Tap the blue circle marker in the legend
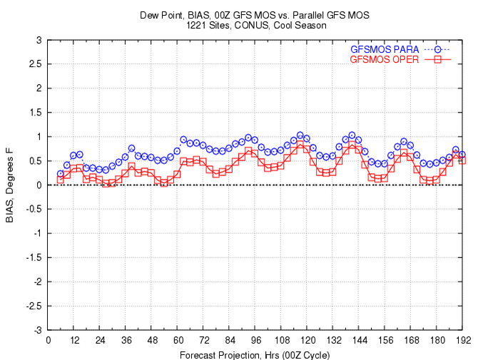[x=439, y=49]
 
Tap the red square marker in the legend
[x=439, y=59]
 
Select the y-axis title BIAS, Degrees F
[x=10, y=185]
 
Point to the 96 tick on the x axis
[x=256, y=340]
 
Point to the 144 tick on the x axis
[x=360, y=340]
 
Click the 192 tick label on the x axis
[x=463, y=340]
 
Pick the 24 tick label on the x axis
[x=100, y=340]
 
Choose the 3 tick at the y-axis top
[x=39, y=40]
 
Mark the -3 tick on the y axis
[x=38, y=330]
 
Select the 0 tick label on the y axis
[x=39, y=185]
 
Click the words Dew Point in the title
[x=171, y=14]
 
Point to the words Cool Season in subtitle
[x=300, y=25]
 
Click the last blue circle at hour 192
[x=462, y=154]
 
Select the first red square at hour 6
[x=61, y=179]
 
